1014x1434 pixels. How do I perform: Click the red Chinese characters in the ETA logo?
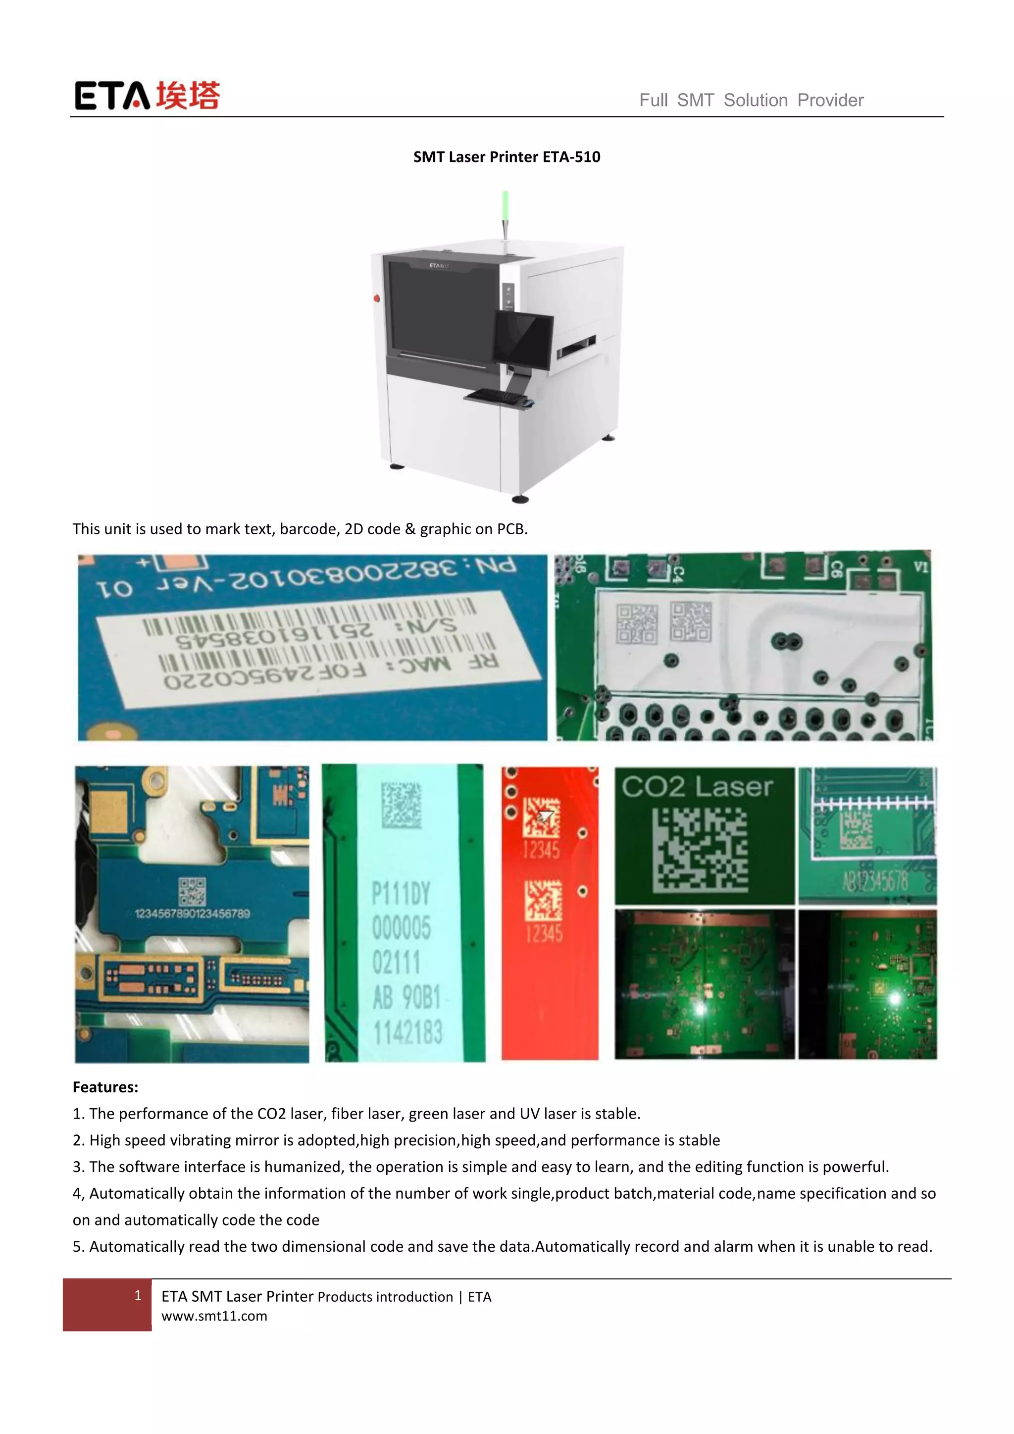pyautogui.click(x=187, y=96)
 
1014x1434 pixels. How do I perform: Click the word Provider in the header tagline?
pyautogui.click(x=830, y=100)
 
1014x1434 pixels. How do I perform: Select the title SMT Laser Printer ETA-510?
pyautogui.click(x=507, y=157)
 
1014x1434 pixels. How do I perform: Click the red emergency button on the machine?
pyautogui.click(x=376, y=299)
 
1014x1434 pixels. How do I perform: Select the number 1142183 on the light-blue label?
pyautogui.click(x=407, y=1032)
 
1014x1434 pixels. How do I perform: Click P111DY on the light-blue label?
pyautogui.click(x=401, y=894)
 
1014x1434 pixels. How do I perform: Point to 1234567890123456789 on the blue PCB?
pyautogui.click(x=192, y=914)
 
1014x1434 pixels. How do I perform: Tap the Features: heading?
pyautogui.click(x=105, y=1087)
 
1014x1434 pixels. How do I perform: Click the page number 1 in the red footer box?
pyautogui.click(x=138, y=1295)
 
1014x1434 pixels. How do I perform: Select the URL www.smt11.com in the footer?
pyautogui.click(x=214, y=1316)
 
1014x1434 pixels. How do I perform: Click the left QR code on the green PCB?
pyautogui.click(x=636, y=624)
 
